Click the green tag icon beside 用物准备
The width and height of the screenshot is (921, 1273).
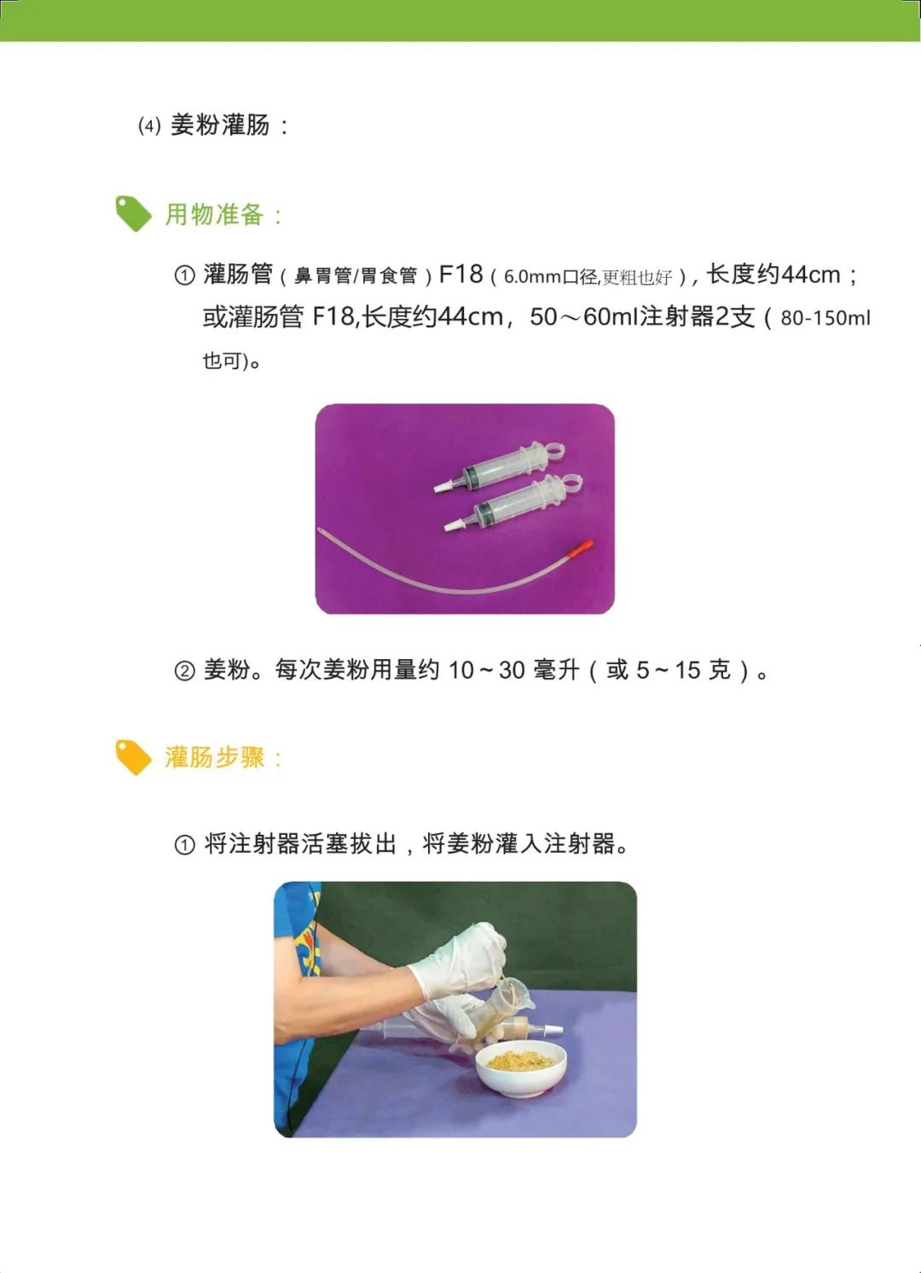[133, 213]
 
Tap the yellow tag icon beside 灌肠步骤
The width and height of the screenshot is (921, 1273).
[133, 756]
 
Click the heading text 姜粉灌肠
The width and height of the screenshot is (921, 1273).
[220, 125]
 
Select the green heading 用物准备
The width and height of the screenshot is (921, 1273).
[214, 215]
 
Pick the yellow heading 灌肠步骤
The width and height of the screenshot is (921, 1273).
[214, 757]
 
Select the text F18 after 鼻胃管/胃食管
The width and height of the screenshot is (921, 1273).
[460, 275]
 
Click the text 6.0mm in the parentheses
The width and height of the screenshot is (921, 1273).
[532, 277]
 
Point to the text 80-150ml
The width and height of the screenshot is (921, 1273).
[825, 318]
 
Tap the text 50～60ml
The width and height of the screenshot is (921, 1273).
[583, 317]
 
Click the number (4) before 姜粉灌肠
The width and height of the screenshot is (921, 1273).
[149, 126]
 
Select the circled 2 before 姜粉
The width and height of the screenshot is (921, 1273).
[184, 671]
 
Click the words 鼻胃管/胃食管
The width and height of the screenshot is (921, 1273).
[356, 276]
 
